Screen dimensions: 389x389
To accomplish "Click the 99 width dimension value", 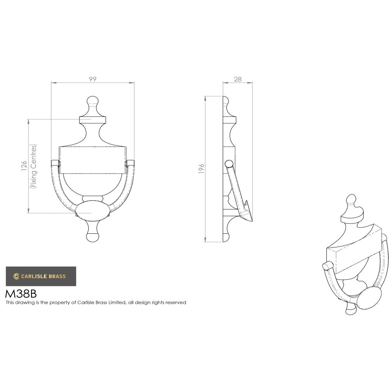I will point(93,79).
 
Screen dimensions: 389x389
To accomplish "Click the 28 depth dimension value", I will point(238,79).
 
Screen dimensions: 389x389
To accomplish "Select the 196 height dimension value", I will point(202,169).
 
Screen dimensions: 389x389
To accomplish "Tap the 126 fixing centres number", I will point(24,166).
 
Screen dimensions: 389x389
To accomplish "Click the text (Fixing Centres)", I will point(34,166).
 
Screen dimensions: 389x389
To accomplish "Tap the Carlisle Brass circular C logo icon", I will point(16,277).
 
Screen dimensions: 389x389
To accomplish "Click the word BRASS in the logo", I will point(57,277).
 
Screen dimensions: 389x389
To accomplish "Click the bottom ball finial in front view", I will point(93,236).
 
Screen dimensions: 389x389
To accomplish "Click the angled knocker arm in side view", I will point(238,191).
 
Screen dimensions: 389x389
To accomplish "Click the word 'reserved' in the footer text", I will point(176,302).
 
